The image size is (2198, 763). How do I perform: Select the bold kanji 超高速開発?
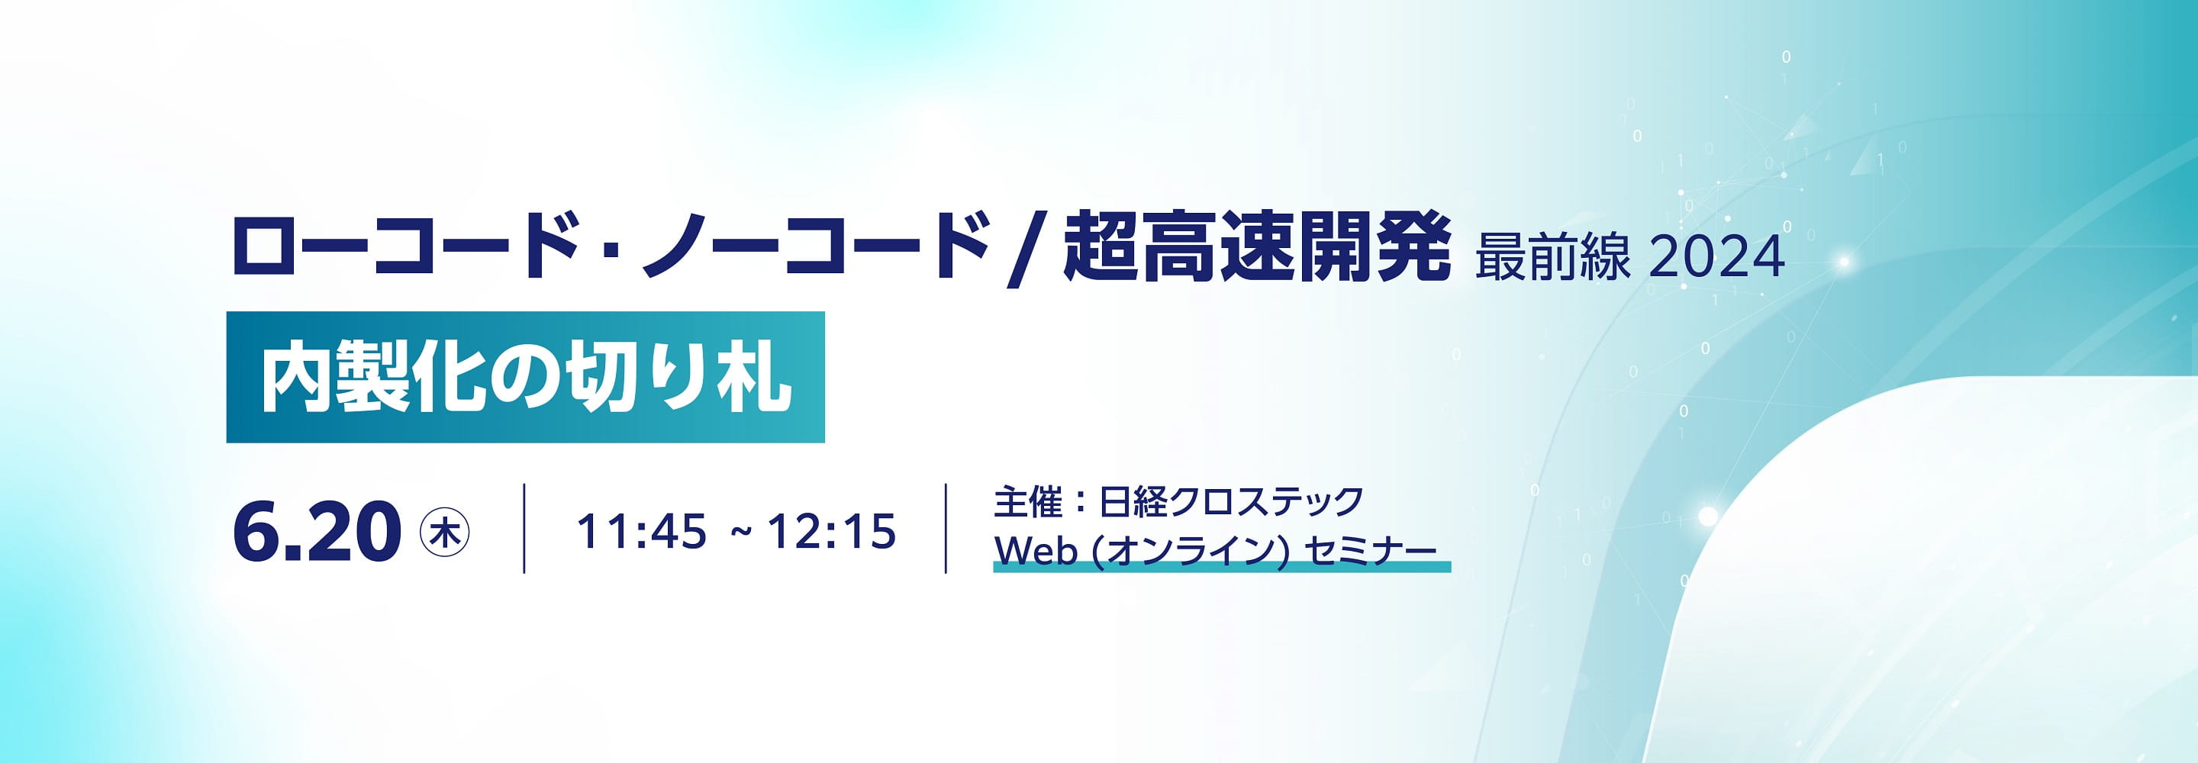[1256, 246]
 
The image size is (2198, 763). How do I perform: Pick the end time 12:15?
[832, 532]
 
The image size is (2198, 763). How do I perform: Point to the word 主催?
[1028, 502]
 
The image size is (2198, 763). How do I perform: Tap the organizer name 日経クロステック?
[1230, 502]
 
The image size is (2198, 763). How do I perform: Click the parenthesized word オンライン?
[1193, 552]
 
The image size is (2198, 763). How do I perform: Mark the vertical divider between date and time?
[524, 528]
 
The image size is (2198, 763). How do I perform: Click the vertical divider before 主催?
[946, 528]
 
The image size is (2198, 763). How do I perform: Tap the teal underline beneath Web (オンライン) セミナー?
[1222, 568]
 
